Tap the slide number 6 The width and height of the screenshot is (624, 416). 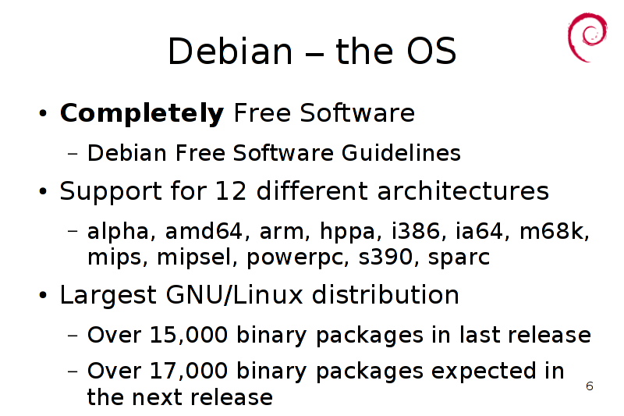tap(590, 386)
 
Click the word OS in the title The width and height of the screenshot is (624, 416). tap(431, 51)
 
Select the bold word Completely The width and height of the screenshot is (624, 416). tap(142, 113)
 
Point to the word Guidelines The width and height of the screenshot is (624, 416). tap(401, 153)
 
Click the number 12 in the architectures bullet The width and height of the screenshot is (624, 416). tap(231, 190)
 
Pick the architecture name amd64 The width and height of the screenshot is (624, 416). tap(204, 231)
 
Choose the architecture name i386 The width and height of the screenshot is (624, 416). tap(416, 231)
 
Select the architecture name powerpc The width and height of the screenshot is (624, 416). tap(295, 258)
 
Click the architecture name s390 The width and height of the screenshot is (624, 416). tap(385, 257)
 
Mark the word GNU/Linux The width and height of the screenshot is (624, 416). tap(235, 294)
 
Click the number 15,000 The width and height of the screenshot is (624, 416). tap(189, 335)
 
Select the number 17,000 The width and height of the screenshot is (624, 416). tap(189, 371)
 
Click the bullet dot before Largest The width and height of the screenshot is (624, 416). tap(43, 296)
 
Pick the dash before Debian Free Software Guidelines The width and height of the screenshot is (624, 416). tap(73, 153)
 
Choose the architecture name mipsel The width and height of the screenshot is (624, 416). tap(194, 258)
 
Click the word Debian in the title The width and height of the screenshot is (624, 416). tap(230, 51)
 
